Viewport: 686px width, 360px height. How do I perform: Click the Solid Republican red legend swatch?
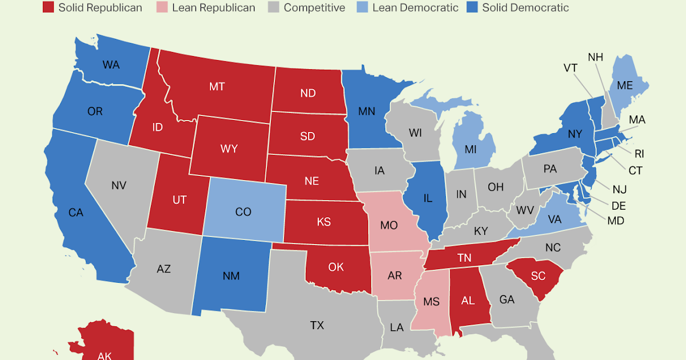tap(49, 7)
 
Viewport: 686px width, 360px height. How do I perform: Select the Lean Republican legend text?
tap(213, 7)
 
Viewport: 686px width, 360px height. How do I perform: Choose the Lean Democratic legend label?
tap(415, 7)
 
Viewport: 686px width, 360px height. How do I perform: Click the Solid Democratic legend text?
tap(525, 7)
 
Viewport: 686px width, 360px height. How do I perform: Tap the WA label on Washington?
tap(111, 65)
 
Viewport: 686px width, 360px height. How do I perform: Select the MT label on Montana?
tap(217, 86)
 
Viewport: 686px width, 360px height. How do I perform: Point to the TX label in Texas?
tap(317, 325)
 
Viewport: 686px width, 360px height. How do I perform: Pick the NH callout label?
tap(596, 57)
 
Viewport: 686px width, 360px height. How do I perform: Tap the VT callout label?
tap(570, 68)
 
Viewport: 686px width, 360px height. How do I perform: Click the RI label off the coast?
tap(639, 153)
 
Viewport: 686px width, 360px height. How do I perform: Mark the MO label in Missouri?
tap(389, 225)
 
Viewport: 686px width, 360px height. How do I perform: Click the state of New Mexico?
tap(232, 275)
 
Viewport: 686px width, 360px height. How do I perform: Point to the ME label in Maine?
tap(625, 85)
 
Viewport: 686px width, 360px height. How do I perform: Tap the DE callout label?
tap(619, 205)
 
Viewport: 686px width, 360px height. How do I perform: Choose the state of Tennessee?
tap(464, 258)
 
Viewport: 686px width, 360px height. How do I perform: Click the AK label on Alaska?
tap(104, 355)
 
